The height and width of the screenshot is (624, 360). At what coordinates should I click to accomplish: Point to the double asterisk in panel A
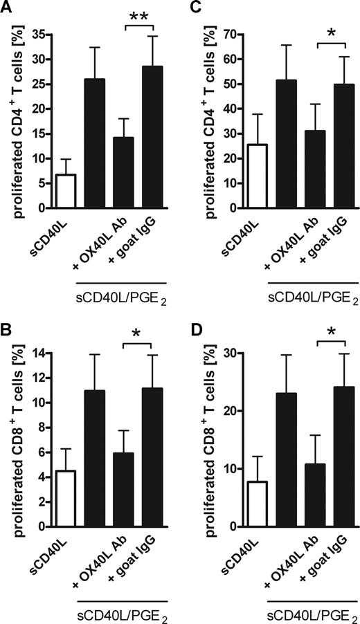[x=135, y=16]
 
